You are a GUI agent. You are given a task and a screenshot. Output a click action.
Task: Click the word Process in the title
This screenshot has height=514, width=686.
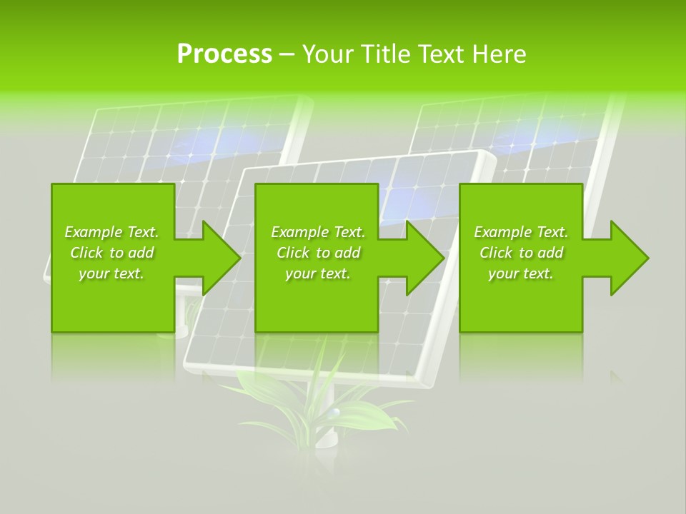[224, 54]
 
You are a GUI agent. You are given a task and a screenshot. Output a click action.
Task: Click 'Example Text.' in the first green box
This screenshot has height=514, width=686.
[111, 232]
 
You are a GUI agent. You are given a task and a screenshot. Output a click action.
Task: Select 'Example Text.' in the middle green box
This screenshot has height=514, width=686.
[318, 232]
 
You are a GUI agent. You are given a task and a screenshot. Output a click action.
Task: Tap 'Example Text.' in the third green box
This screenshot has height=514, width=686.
[521, 232]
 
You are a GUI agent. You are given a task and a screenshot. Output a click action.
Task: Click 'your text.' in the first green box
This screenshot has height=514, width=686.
[111, 273]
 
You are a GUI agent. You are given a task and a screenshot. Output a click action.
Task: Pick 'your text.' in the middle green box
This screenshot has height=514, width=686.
[318, 273]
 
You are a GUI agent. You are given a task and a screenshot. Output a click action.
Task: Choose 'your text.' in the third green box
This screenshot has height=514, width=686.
[521, 273]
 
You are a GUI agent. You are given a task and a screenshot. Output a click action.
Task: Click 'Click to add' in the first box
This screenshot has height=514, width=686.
[111, 253]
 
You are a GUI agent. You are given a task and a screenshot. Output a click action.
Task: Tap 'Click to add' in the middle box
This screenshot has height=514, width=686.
[318, 253]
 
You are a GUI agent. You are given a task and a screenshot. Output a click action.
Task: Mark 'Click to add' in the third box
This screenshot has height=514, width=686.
[521, 253]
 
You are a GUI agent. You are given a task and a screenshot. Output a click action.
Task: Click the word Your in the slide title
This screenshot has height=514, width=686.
[328, 54]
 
